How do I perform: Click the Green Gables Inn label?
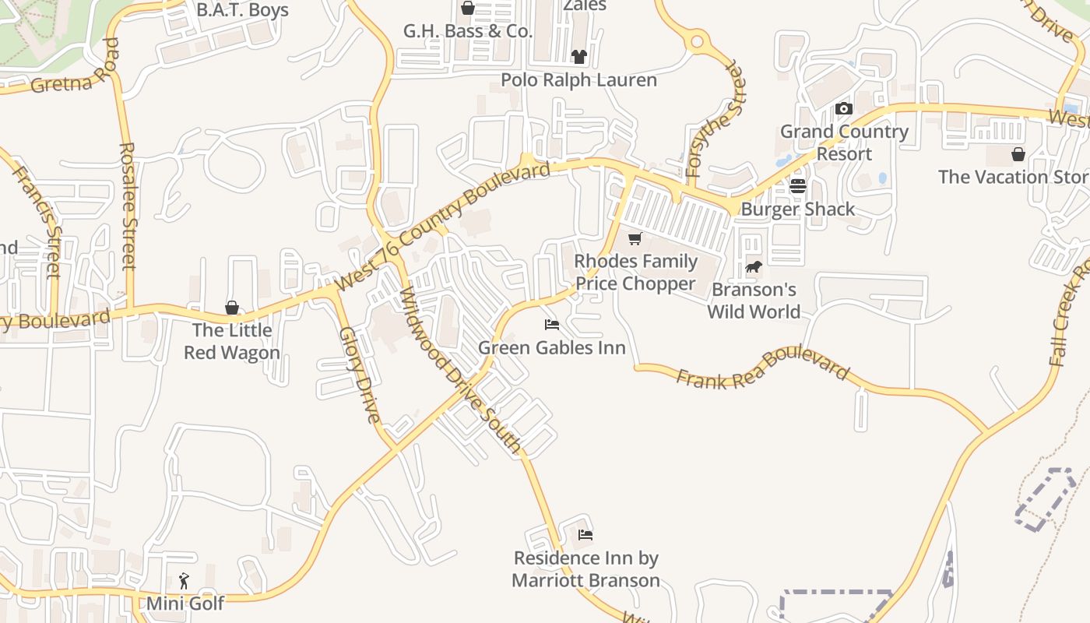coord(552,347)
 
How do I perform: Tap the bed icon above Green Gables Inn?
coord(552,324)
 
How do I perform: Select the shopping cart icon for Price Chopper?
coord(635,238)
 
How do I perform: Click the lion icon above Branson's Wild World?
coord(753,267)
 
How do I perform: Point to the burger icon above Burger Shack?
coord(797,186)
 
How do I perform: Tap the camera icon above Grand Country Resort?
coord(844,109)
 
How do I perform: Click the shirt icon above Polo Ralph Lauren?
coord(578,57)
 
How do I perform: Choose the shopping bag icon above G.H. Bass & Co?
coord(467,9)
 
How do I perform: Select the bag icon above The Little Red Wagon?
coord(231,308)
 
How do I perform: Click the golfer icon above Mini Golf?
coord(184,581)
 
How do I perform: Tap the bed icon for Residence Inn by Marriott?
coord(585,535)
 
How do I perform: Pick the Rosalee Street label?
coord(128,206)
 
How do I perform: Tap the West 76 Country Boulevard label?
coord(445,226)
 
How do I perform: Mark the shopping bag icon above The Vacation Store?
coord(1018,154)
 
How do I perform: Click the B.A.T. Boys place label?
coord(242,10)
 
